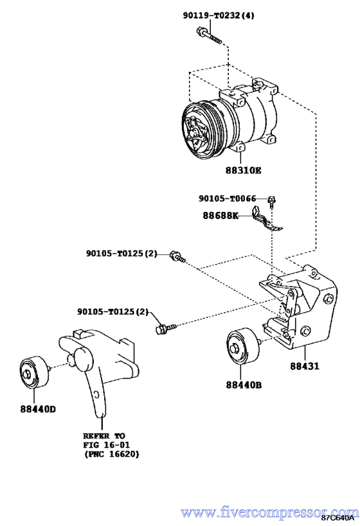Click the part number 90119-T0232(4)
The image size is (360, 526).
pyautogui.click(x=219, y=15)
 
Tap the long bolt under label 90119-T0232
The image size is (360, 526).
pyautogui.click(x=208, y=36)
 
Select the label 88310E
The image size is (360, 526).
pyautogui.click(x=243, y=170)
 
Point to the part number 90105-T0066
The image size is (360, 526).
pyautogui.click(x=228, y=199)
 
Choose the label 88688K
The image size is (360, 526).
pyautogui.click(x=221, y=215)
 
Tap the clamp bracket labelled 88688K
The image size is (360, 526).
pyautogui.click(x=267, y=220)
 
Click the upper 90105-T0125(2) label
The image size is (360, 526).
pyautogui.click(x=122, y=254)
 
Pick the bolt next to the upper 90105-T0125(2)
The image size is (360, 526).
pyautogui.click(x=177, y=257)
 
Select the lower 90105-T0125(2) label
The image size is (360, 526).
pyautogui.click(x=113, y=312)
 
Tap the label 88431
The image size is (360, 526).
pyautogui.click(x=305, y=366)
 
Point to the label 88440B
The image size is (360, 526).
pyautogui.click(x=244, y=385)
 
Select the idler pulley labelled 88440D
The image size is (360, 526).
pyautogui.click(x=34, y=373)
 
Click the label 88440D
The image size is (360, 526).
pyautogui.click(x=38, y=409)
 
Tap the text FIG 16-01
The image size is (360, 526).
pyautogui.click(x=107, y=445)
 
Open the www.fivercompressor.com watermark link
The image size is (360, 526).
pyautogui.click(x=269, y=513)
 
